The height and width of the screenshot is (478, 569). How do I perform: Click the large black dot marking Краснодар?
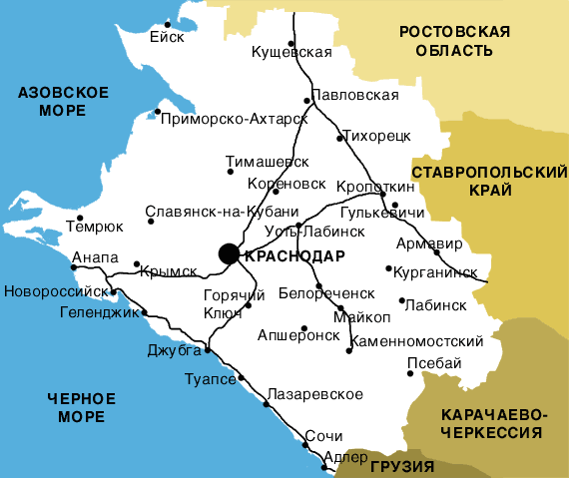(229, 253)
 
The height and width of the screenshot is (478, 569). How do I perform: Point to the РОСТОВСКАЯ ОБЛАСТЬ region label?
(454, 41)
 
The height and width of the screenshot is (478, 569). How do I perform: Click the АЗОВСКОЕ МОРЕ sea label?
(63, 102)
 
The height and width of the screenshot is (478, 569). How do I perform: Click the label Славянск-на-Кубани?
(222, 212)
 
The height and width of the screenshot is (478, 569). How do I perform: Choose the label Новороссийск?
(56, 292)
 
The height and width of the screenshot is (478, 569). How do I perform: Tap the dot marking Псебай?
(409, 375)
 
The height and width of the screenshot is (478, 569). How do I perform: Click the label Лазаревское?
(317, 395)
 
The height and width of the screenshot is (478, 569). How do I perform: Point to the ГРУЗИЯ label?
(401, 466)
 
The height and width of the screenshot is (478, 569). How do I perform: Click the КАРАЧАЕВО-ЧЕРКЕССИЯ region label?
(495, 423)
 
